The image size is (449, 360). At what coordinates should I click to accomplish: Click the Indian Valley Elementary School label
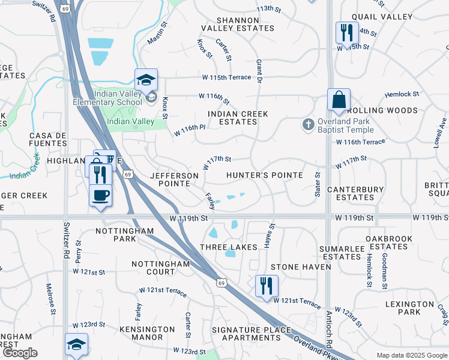coord(117,98)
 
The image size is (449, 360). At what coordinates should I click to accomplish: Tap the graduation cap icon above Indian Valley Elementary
coord(146,79)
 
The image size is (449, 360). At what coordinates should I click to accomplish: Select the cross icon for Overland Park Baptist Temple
coord(308,124)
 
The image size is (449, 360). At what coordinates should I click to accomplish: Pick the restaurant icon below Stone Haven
coord(267,286)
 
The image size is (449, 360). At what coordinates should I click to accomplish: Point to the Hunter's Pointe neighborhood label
coord(264,175)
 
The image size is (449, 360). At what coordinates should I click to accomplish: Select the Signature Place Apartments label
coord(251,334)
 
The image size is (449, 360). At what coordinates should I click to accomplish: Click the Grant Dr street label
coord(259,71)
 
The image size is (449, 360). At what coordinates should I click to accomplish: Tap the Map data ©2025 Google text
coord(412,355)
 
